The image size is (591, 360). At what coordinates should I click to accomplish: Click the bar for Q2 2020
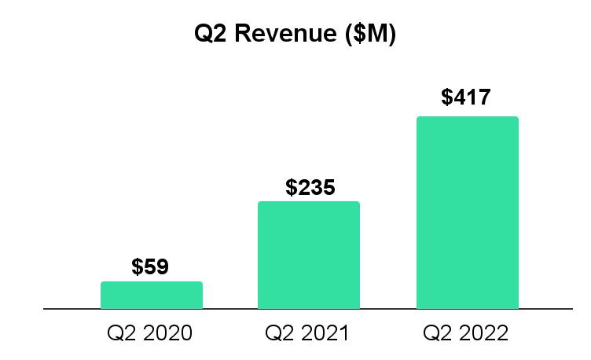tap(152, 295)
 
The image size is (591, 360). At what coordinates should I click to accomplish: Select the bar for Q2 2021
tap(309, 255)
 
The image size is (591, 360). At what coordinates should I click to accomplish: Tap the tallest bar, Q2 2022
tap(467, 212)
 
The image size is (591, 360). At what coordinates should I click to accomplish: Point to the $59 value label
tap(150, 267)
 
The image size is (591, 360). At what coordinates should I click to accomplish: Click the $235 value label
tap(310, 188)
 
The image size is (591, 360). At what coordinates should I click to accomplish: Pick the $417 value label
tap(466, 97)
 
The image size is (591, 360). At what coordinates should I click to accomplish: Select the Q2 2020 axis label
tap(149, 333)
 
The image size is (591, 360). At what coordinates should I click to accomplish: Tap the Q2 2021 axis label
tap(307, 333)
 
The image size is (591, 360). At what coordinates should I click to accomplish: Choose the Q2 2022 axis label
tap(466, 333)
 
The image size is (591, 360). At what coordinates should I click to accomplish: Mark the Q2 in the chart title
tap(209, 35)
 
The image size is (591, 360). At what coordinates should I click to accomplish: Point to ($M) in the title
tap(369, 35)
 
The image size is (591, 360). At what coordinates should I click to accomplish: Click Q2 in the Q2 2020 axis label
tap(120, 333)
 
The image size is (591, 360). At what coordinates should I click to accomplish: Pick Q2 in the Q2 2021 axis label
tap(279, 333)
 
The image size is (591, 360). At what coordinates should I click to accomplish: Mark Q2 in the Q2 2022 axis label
tap(437, 333)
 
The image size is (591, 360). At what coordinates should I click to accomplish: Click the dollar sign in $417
tap(447, 97)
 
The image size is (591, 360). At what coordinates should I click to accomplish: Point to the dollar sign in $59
tap(137, 267)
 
